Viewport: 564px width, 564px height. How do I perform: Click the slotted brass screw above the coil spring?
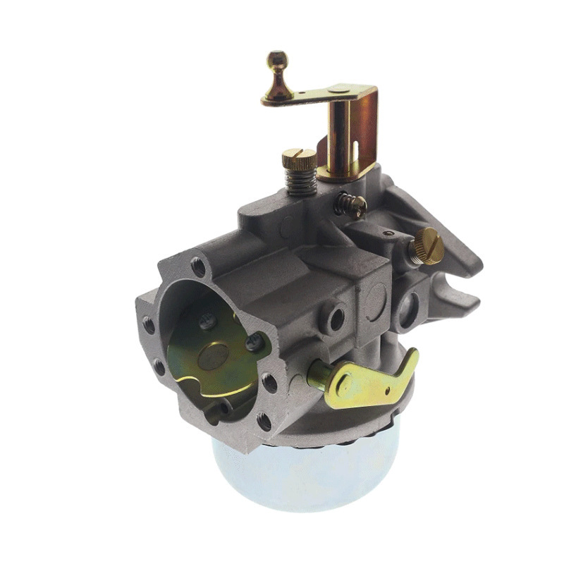coord(299,159)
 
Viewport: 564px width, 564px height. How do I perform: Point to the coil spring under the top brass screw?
coord(300,183)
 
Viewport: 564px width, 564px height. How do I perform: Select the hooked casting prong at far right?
coord(458,296)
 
